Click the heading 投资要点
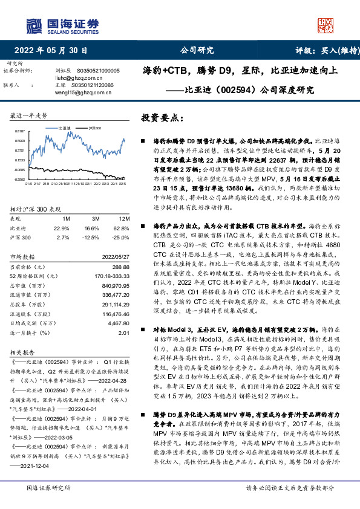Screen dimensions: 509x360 click(162, 117)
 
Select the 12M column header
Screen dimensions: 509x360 click(124, 218)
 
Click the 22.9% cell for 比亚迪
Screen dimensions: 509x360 click(62, 228)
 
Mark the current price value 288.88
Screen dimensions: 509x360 click(122, 266)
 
